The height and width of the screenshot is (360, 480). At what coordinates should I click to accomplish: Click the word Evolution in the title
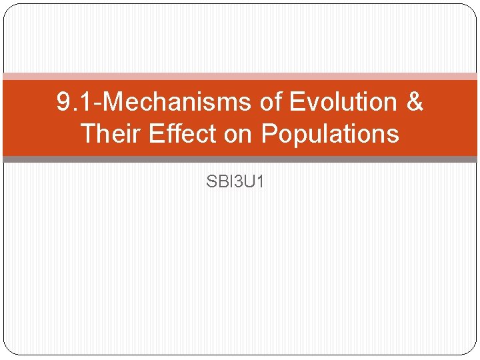pos(344,103)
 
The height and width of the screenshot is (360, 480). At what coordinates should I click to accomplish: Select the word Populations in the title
pos(330,134)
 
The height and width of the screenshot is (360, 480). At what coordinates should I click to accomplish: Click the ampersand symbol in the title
pos(414,103)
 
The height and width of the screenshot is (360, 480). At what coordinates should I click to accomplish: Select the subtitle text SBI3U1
pos(235,181)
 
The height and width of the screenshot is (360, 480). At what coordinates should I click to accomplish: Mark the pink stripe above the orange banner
pos(240,77)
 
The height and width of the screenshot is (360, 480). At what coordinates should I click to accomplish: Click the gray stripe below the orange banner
pos(240,159)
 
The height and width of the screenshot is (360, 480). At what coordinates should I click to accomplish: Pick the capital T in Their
pos(87,134)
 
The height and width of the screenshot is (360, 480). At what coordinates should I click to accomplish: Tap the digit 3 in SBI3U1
pos(238,181)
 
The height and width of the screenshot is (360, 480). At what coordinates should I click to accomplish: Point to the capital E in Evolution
pos(297,103)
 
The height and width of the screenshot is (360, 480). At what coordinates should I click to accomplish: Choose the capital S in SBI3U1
pos(211,181)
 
